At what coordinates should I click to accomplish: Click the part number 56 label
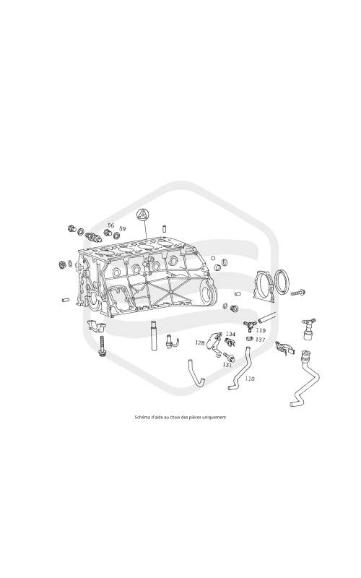(111, 225)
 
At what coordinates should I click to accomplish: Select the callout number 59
(122, 229)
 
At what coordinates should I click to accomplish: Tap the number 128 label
(200, 342)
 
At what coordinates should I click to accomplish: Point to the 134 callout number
(230, 334)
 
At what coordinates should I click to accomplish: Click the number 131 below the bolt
(227, 365)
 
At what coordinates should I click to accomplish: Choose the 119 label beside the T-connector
(261, 330)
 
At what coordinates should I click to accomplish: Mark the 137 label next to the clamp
(261, 339)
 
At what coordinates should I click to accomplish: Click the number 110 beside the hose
(250, 379)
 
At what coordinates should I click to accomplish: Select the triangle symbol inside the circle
(142, 214)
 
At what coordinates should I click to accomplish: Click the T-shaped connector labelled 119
(249, 324)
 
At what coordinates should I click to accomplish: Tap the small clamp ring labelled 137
(250, 338)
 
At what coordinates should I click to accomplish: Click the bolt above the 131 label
(228, 356)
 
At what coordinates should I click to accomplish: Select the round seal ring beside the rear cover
(284, 282)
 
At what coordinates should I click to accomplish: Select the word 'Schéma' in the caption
(140, 418)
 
